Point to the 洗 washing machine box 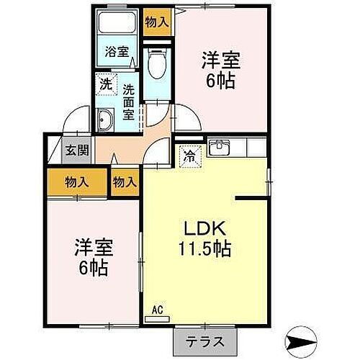[106, 84]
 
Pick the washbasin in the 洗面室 [105, 121]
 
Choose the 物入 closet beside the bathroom [157, 22]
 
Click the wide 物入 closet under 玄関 [77, 182]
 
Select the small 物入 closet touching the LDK [125, 182]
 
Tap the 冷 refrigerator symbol [189, 154]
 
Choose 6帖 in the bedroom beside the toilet [220, 81]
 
